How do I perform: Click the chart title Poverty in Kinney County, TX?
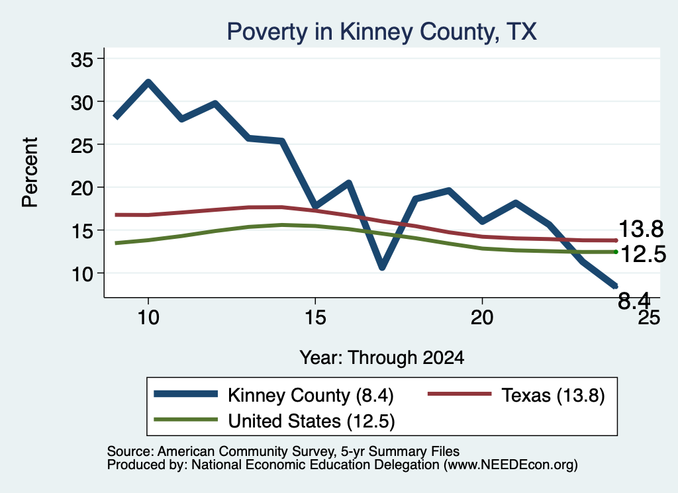coord(382,32)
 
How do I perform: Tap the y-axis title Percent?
coord(30,173)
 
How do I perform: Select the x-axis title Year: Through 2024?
coord(382,358)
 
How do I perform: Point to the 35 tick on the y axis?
coord(82,60)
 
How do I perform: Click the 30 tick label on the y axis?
coord(82,103)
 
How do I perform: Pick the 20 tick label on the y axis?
coord(82,189)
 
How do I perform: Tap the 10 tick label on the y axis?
coord(82,274)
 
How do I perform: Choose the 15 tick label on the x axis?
coord(315,318)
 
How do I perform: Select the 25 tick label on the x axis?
coord(649,318)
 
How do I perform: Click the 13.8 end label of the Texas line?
coord(641,228)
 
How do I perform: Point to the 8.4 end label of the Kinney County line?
coord(634,300)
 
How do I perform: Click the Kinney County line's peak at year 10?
coord(148,82)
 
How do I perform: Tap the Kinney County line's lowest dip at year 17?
coord(382,267)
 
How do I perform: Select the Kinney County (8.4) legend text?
coord(311,395)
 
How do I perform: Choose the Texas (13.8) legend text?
coord(553,395)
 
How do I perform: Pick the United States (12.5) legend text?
coord(311,422)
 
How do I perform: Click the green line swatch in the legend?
coord(186,420)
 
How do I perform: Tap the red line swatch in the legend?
coord(460,394)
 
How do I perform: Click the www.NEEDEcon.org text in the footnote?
coord(510,465)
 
